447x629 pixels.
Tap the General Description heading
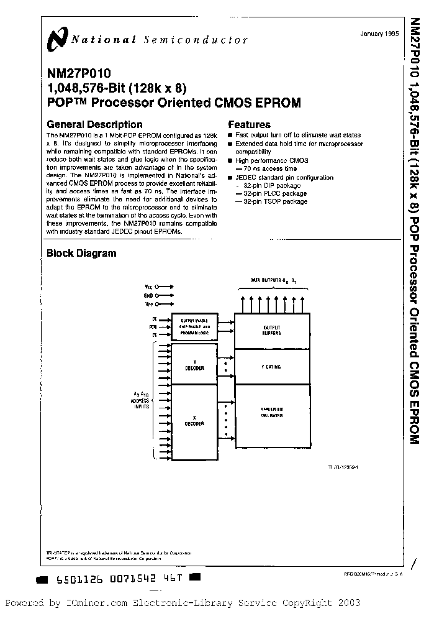(95, 124)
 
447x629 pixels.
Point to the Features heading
(250, 124)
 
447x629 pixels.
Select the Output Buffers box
(272, 330)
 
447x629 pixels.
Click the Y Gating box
(272, 367)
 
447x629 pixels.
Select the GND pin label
(148, 296)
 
